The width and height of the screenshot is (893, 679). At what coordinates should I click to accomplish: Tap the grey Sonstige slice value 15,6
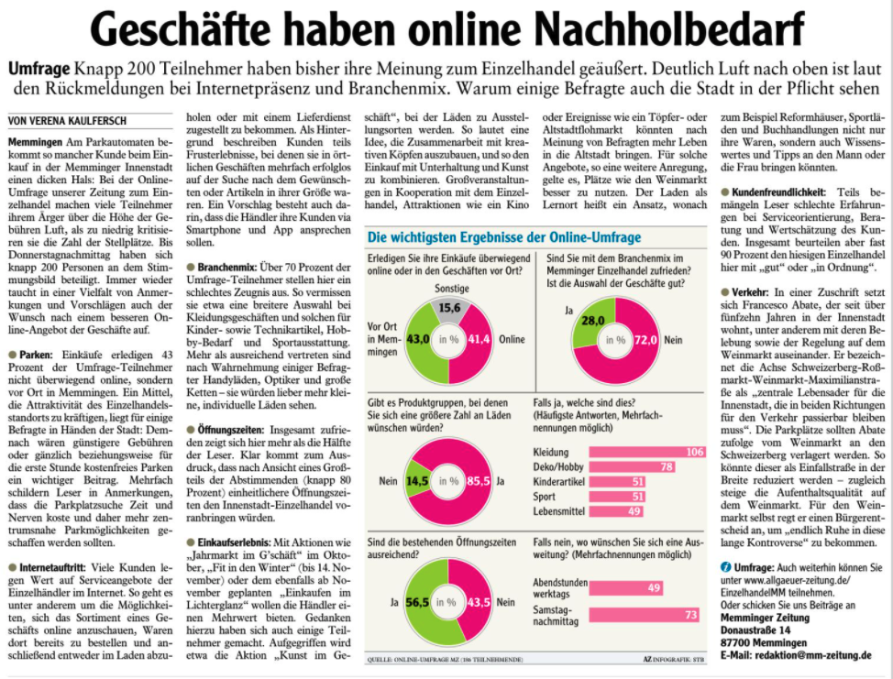[451, 308]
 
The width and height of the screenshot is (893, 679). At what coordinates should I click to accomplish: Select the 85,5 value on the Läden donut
[479, 480]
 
